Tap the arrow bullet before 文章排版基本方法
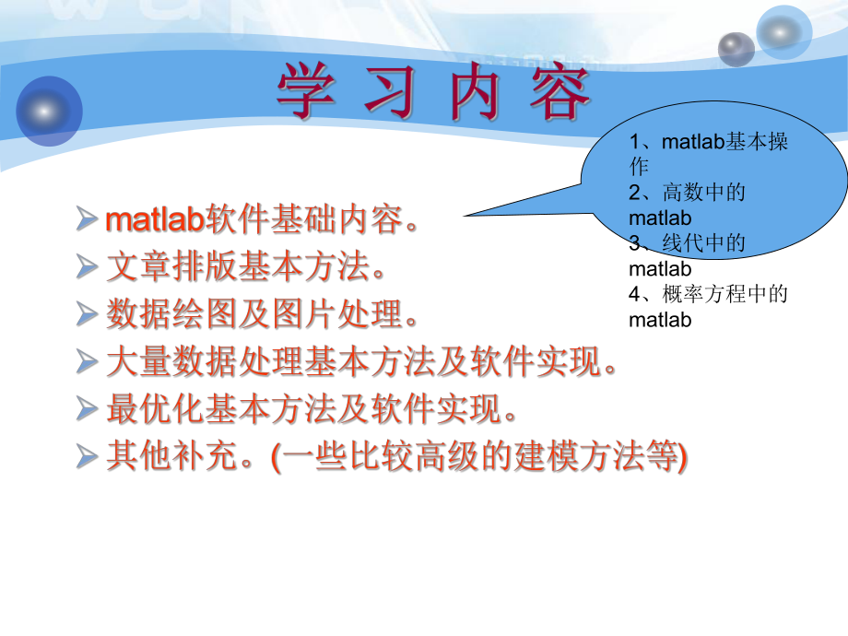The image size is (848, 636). (x=88, y=268)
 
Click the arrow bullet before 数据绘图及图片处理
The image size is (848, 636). (x=88, y=315)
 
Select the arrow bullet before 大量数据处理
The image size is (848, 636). (x=88, y=361)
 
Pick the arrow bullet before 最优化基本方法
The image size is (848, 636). (x=88, y=408)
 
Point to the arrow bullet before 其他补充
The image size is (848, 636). (x=88, y=455)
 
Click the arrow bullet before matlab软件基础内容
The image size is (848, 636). (x=88, y=220)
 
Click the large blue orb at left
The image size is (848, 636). (x=48, y=111)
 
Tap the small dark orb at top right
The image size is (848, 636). (x=736, y=48)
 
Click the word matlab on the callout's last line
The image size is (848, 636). (x=660, y=320)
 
